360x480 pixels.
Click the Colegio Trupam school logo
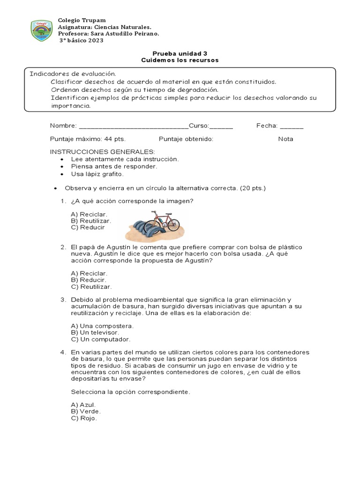pyautogui.click(x=42, y=30)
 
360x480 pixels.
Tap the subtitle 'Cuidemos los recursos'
pyautogui.click(x=180, y=60)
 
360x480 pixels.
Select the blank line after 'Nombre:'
pyautogui.click(x=134, y=127)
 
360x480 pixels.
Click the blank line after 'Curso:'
pyautogui.click(x=221, y=127)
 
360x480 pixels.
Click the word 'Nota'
pyautogui.click(x=285, y=139)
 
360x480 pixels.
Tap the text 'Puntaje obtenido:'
pyautogui.click(x=186, y=139)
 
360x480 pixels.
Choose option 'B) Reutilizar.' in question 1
pyautogui.click(x=91, y=221)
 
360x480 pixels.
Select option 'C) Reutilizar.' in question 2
pyautogui.click(x=91, y=286)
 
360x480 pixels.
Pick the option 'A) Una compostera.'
pyautogui.click(x=102, y=326)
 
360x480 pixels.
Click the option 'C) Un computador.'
pyautogui.click(x=101, y=339)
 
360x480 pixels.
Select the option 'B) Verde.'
pyautogui.click(x=86, y=411)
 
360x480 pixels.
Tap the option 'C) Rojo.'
pyautogui.click(x=84, y=418)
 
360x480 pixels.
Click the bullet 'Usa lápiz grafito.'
pyautogui.click(x=97, y=174)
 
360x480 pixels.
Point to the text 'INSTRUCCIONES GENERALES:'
pyautogui.click(x=102, y=152)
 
